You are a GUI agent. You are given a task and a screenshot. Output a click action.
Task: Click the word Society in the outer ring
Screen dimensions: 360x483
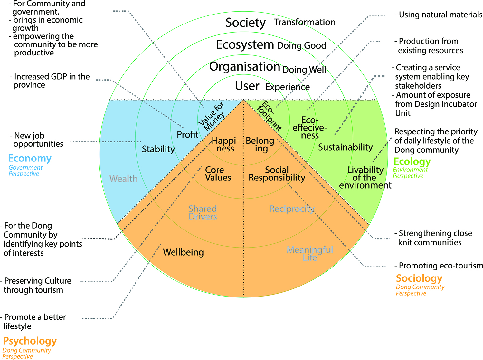(x=245, y=23)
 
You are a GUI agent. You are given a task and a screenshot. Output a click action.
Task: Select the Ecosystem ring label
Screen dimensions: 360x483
(x=245, y=44)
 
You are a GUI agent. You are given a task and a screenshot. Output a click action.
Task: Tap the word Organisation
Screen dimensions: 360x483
(x=244, y=67)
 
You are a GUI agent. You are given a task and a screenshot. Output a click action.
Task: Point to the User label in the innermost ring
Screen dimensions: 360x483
(x=247, y=86)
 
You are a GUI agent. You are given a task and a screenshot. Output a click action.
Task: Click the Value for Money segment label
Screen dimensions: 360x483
(x=212, y=116)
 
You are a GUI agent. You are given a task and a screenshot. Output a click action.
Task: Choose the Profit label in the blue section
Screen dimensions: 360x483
(x=188, y=134)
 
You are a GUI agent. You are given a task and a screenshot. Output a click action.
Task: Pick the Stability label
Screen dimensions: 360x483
(x=158, y=149)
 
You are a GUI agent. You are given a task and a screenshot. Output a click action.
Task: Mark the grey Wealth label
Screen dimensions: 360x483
(x=123, y=179)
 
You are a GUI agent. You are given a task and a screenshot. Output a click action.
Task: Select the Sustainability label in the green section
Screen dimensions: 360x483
(x=345, y=147)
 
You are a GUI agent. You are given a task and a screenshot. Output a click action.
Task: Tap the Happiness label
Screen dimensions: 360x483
(x=225, y=145)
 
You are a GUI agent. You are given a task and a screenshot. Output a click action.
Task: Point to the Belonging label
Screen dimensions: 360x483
(x=261, y=145)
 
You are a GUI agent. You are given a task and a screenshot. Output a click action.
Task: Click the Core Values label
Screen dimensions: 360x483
(x=218, y=174)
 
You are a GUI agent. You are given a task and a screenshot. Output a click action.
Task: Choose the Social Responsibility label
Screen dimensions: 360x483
(x=277, y=174)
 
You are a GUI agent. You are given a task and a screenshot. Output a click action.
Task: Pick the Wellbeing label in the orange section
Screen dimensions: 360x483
(x=183, y=252)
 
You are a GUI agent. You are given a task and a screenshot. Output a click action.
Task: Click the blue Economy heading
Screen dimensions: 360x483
(x=30, y=158)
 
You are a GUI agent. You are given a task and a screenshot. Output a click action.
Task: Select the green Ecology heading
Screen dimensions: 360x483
(x=412, y=161)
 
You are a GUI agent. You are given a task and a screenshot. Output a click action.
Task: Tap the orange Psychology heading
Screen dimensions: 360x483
(x=30, y=341)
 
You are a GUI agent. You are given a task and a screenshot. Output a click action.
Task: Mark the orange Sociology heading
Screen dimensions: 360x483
(x=419, y=278)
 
